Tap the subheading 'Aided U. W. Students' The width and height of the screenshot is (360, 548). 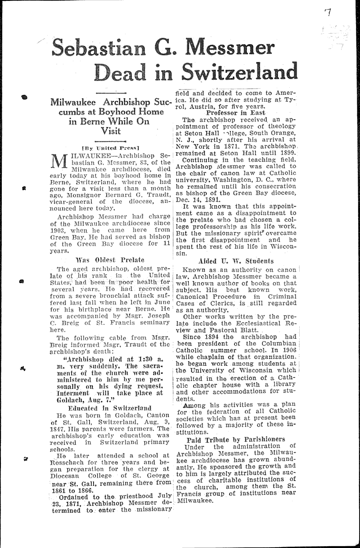pyautogui.click(x=236, y=261)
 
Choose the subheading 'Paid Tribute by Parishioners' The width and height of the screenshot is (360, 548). pyautogui.click(x=237, y=439)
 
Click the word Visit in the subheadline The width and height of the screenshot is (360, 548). pyautogui.click(x=111, y=131)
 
